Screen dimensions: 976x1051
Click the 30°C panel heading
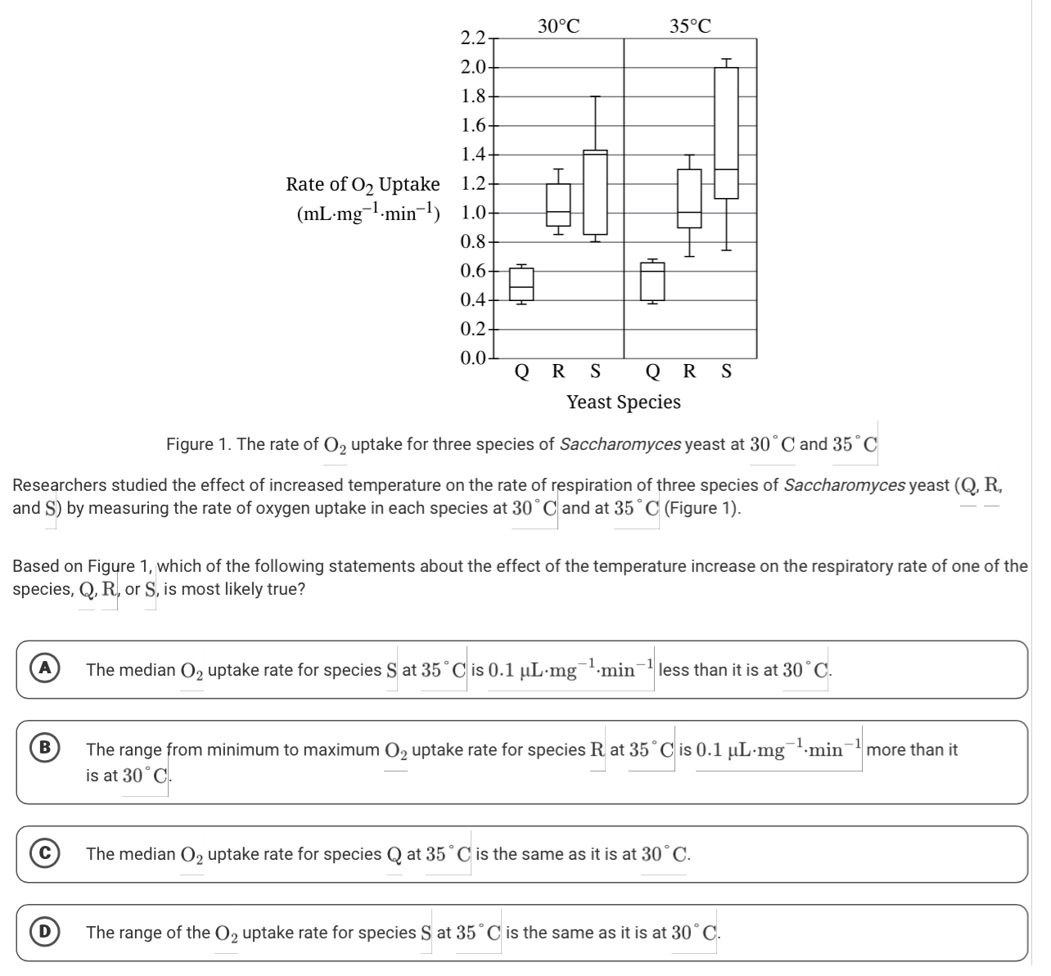(559, 26)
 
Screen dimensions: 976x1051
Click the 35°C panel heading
(690, 26)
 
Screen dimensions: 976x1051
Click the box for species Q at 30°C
(521, 283)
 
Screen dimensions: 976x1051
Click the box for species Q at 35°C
(652, 281)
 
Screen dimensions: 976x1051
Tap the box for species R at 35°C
(689, 199)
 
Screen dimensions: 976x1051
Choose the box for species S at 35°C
(726, 133)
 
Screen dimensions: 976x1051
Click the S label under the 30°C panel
(595, 371)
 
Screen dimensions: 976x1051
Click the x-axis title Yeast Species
(623, 402)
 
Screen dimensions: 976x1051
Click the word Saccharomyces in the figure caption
(620, 444)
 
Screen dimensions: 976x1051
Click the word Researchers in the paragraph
(56, 484)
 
